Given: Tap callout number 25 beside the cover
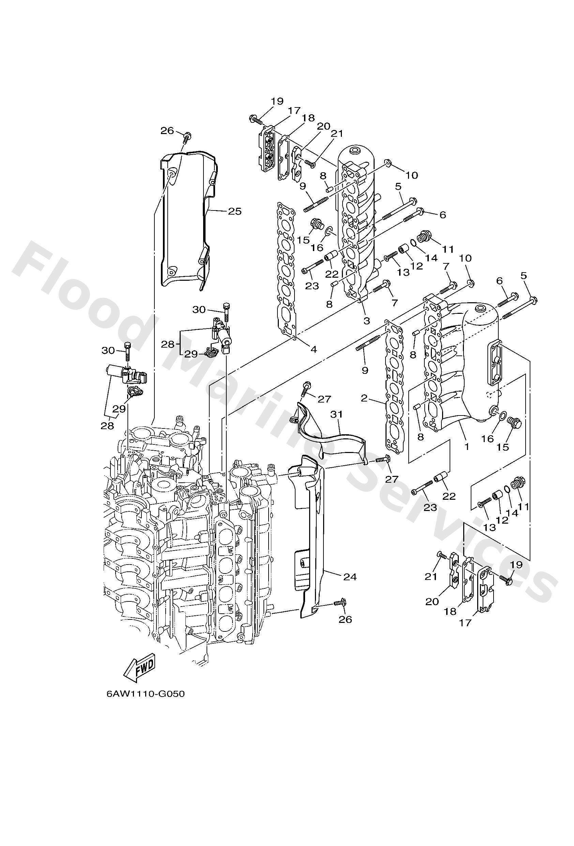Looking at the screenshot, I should (x=235, y=211).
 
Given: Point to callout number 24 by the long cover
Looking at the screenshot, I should (x=350, y=577).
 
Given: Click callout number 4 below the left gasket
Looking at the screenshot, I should (x=314, y=349).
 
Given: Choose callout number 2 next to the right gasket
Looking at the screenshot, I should (x=364, y=398).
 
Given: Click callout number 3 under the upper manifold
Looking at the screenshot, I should (x=366, y=321).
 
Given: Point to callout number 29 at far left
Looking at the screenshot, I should (x=119, y=408).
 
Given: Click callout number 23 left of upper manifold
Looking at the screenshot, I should (x=312, y=286).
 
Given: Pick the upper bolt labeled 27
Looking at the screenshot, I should (x=307, y=385).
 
